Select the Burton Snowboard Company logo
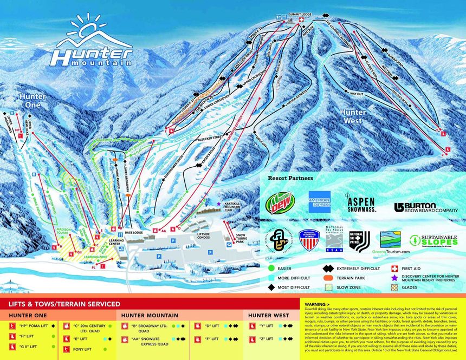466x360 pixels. coord(426,207)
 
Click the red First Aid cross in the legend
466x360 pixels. coord(395,268)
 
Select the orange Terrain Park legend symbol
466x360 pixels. coord(327,278)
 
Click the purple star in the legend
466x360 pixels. coord(395,278)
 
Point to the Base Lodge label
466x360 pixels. coord(133,232)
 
